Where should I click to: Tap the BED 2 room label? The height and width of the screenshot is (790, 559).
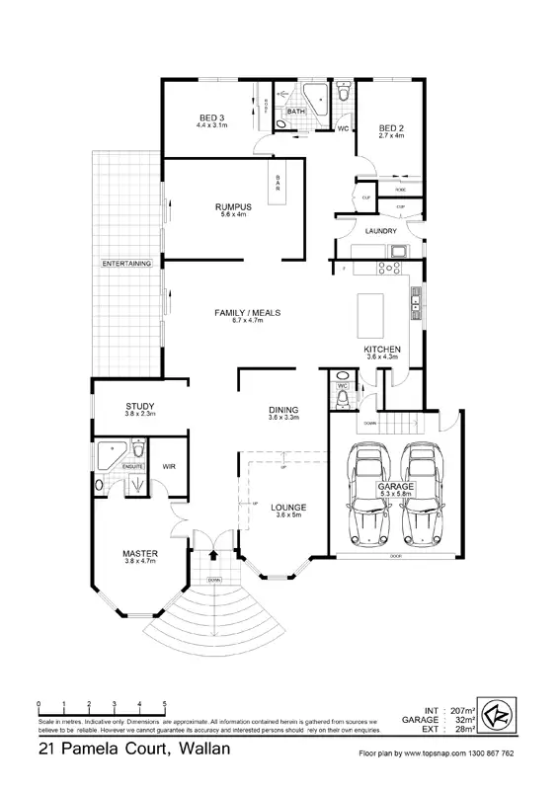[392, 129]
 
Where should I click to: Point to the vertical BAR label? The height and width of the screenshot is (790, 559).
[279, 183]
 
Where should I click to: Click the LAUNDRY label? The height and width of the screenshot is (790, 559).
[380, 231]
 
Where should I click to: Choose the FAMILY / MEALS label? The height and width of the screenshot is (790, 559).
[248, 313]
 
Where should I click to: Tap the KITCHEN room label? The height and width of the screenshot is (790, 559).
[381, 351]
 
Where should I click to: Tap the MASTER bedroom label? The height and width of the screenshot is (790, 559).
[141, 553]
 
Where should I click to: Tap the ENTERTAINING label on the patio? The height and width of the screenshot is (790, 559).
[126, 264]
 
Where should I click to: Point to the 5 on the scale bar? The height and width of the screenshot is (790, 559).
[164, 703]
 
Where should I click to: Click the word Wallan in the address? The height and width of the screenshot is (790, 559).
[205, 750]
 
